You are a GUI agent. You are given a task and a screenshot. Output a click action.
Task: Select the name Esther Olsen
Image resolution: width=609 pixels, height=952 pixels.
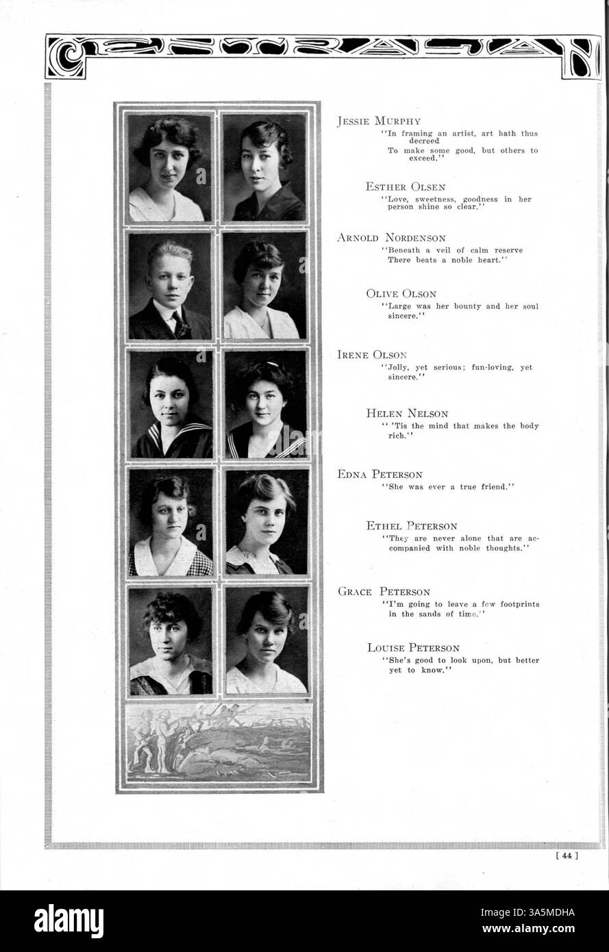(406, 186)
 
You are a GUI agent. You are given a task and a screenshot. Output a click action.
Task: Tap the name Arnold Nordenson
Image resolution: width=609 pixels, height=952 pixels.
(391, 238)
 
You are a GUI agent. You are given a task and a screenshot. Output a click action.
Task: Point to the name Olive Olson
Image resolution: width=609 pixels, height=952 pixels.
(401, 294)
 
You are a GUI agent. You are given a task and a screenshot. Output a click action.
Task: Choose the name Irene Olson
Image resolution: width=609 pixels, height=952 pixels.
(372, 355)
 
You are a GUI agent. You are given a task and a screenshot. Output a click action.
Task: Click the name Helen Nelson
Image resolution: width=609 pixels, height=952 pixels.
(407, 413)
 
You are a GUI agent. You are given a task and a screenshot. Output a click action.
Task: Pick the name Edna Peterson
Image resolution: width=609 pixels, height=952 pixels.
(380, 474)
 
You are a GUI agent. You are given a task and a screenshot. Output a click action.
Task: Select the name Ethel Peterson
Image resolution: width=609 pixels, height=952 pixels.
(412, 526)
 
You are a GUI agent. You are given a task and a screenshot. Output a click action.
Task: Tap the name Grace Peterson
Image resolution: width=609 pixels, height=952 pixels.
(384, 592)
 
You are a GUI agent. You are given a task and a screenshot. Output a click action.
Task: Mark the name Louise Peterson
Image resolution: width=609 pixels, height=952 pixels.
(413, 647)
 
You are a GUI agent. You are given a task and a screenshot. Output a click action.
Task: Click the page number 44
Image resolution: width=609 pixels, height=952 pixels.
(569, 854)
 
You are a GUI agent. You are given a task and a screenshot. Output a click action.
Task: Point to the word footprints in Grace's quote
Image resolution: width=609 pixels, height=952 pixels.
(514, 604)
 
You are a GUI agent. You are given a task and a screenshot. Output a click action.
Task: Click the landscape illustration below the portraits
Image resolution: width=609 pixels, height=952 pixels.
(218, 742)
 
